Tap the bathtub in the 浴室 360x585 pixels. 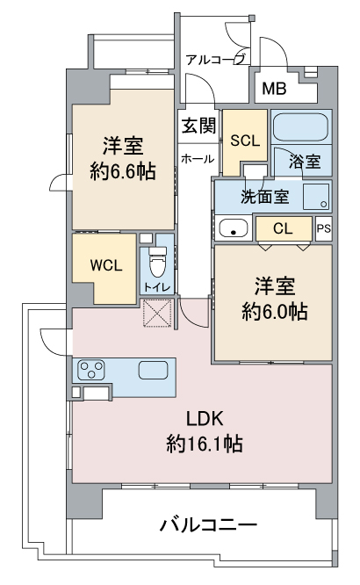(x=300, y=126)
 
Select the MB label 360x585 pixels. (x=274, y=89)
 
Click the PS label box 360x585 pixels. (x=324, y=228)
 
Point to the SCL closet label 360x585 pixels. (x=245, y=141)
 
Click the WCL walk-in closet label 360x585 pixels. (x=106, y=265)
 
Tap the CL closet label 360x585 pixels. (x=283, y=228)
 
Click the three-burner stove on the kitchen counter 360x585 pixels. (x=90, y=370)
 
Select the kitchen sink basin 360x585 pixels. (x=153, y=370)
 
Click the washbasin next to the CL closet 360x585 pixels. (x=234, y=228)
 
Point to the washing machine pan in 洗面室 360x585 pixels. (x=316, y=196)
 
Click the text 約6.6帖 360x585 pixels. (x=123, y=171)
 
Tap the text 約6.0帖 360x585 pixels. (x=275, y=312)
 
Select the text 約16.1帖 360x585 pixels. (x=205, y=444)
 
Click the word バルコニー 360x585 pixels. (x=209, y=525)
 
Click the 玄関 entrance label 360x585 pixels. (x=198, y=126)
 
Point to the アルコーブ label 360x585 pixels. (x=216, y=60)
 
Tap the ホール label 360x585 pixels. (x=198, y=159)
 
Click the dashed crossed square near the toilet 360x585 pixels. (x=158, y=313)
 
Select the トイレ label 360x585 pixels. (x=157, y=287)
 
